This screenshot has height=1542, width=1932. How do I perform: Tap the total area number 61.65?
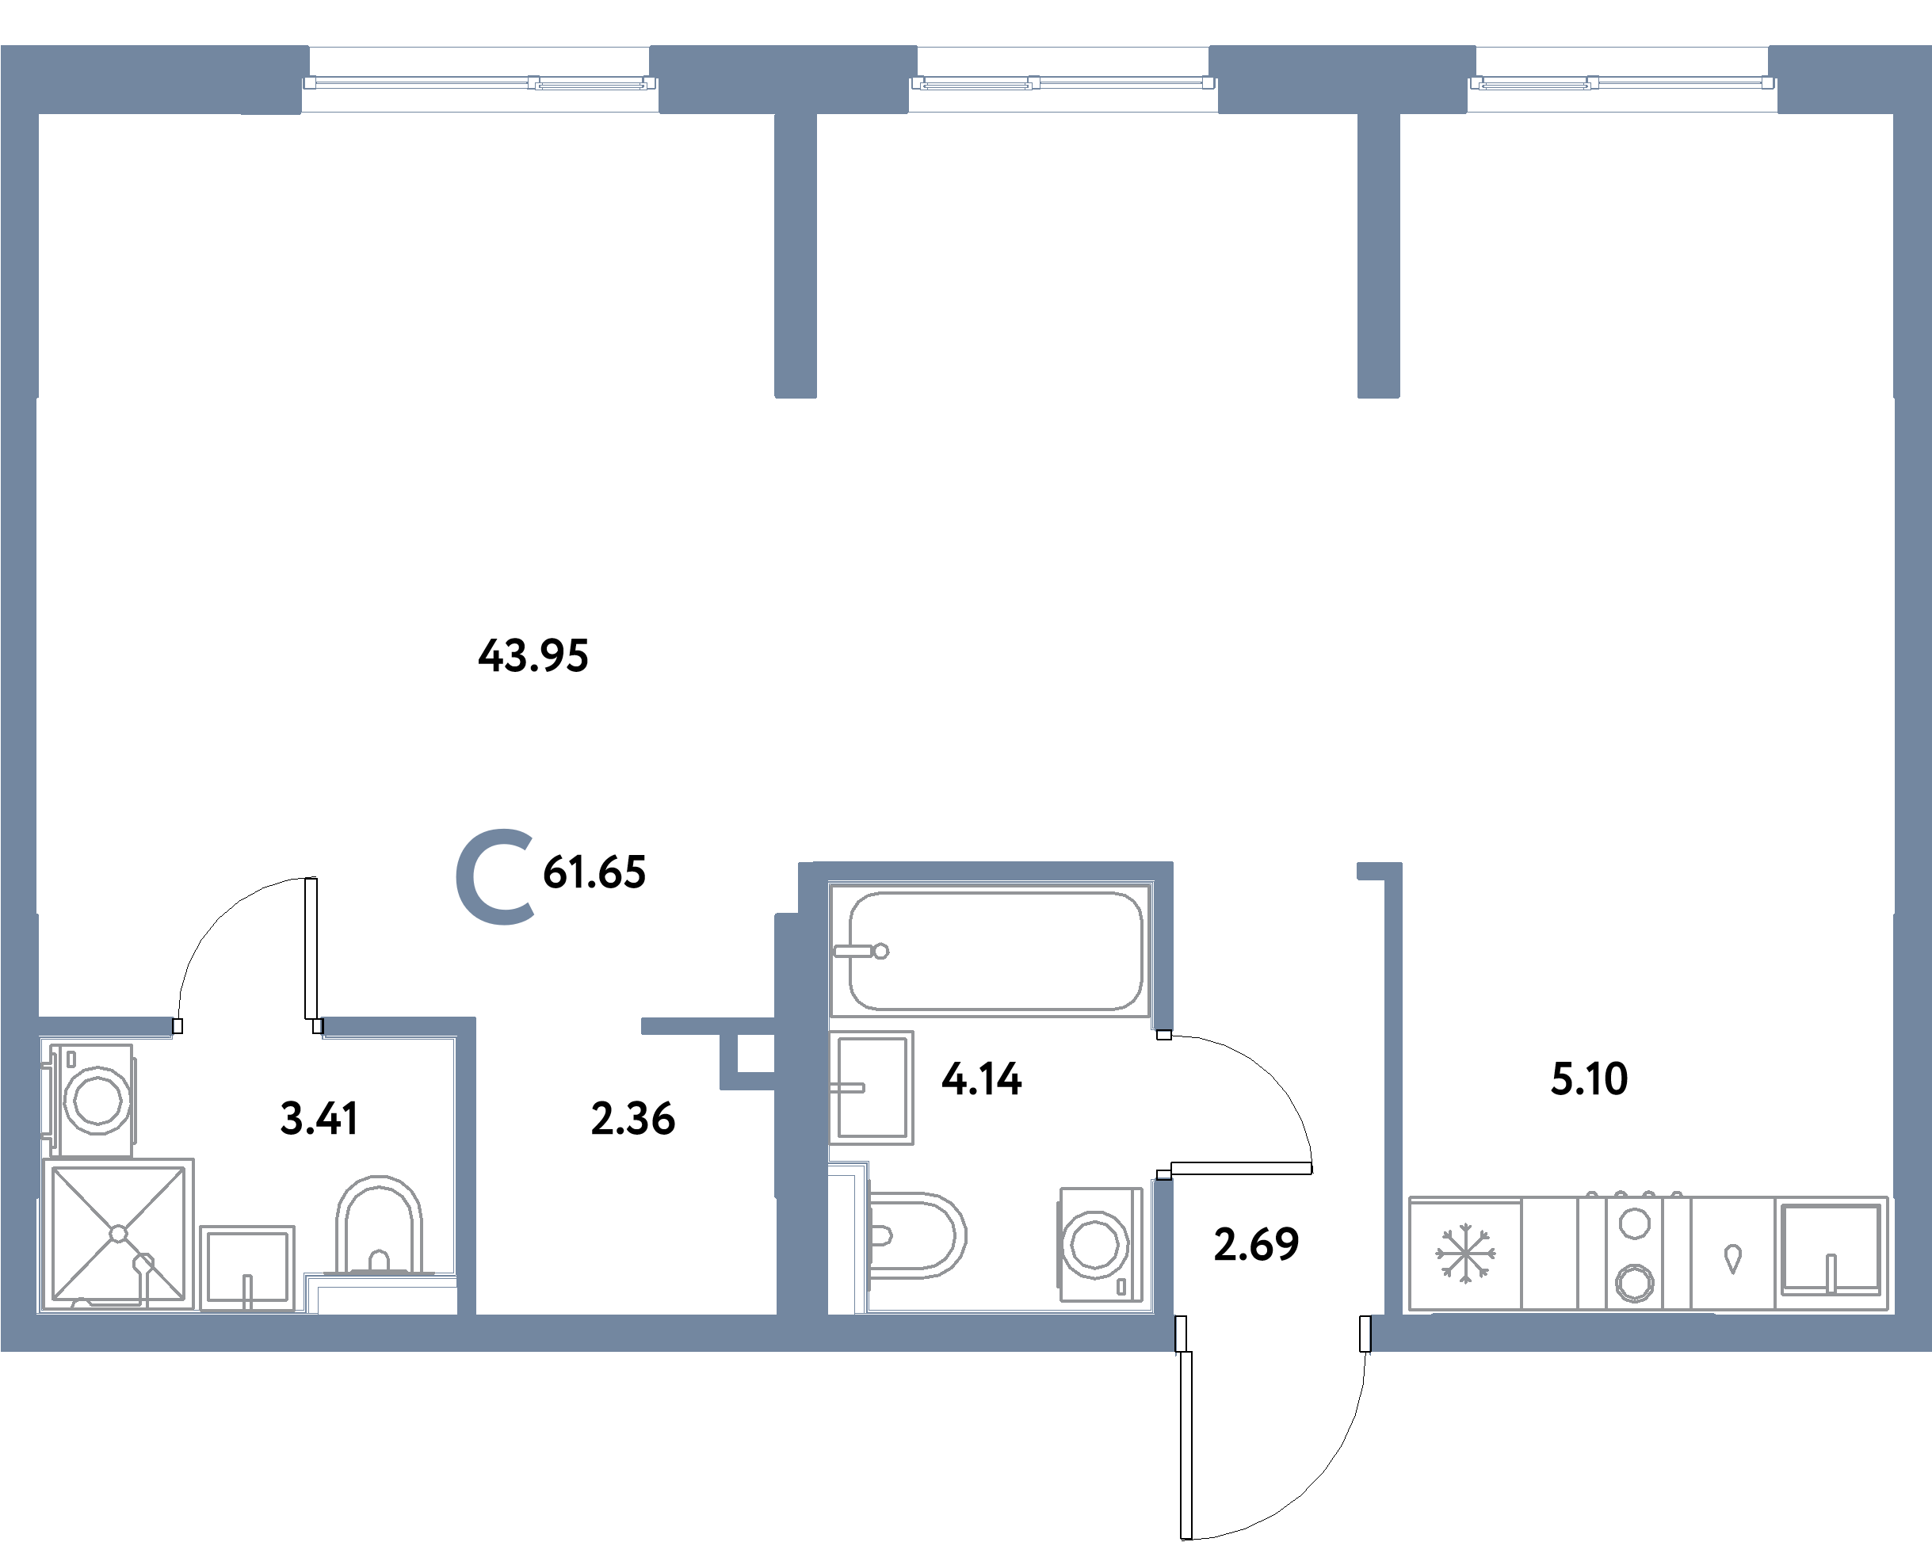click(x=594, y=872)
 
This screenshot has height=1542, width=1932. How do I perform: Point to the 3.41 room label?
click(x=320, y=1118)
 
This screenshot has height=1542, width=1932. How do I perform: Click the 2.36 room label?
click(x=632, y=1118)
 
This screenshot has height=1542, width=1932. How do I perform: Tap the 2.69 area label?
click(x=1256, y=1243)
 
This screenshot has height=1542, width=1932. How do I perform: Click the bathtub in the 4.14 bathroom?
click(x=995, y=951)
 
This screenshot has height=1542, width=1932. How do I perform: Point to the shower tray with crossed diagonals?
click(x=118, y=1234)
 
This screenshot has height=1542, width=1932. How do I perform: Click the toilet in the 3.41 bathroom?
click(x=379, y=1227)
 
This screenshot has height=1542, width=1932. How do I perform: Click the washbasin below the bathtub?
click(x=871, y=1088)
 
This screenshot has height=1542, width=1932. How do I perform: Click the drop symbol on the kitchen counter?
click(x=1733, y=1258)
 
